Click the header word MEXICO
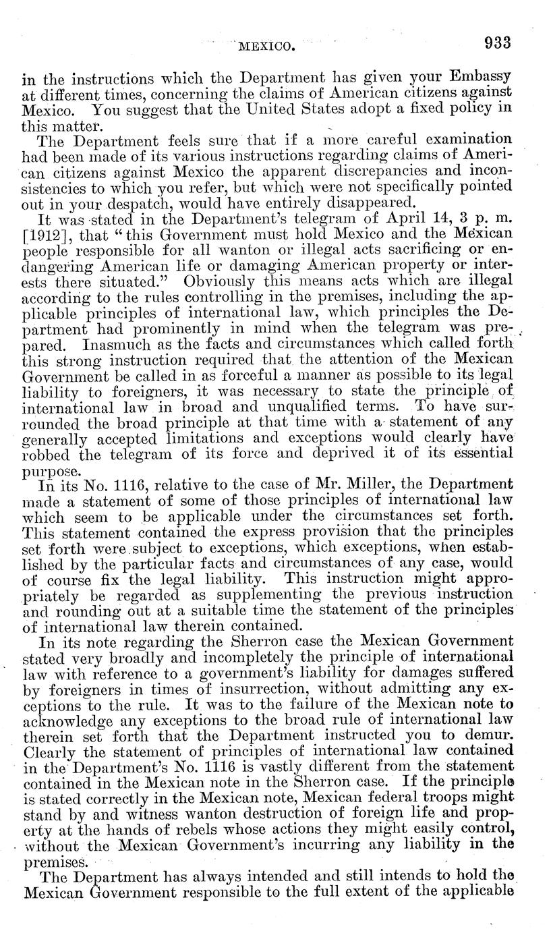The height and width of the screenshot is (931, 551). click(x=267, y=47)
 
